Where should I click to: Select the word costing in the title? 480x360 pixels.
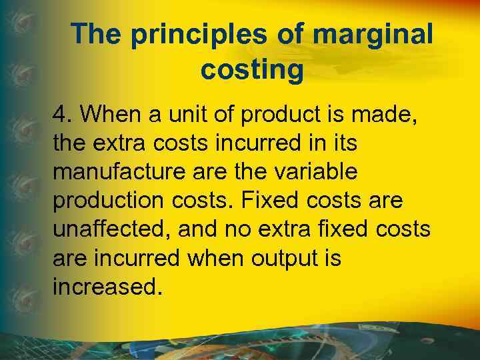[x=251, y=69]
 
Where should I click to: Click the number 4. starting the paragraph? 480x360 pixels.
[x=62, y=115]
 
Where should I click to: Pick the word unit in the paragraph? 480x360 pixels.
[x=183, y=115]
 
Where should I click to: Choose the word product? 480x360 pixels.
[x=281, y=115]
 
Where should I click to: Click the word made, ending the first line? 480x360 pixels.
[x=375, y=115]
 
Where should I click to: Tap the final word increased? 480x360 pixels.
[x=107, y=287]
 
